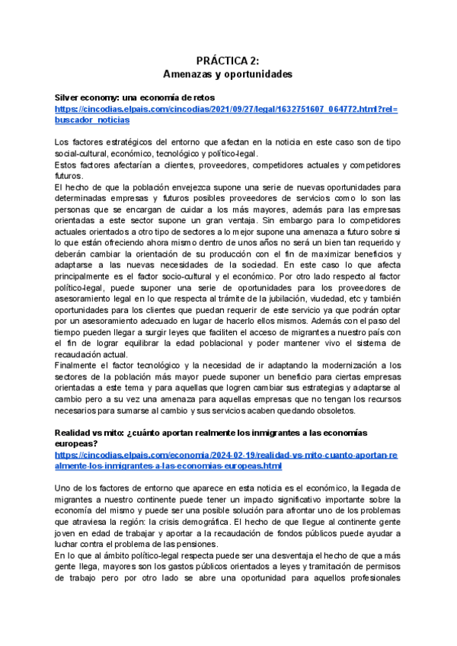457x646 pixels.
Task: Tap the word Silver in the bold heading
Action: pyautogui.click(x=68, y=98)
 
